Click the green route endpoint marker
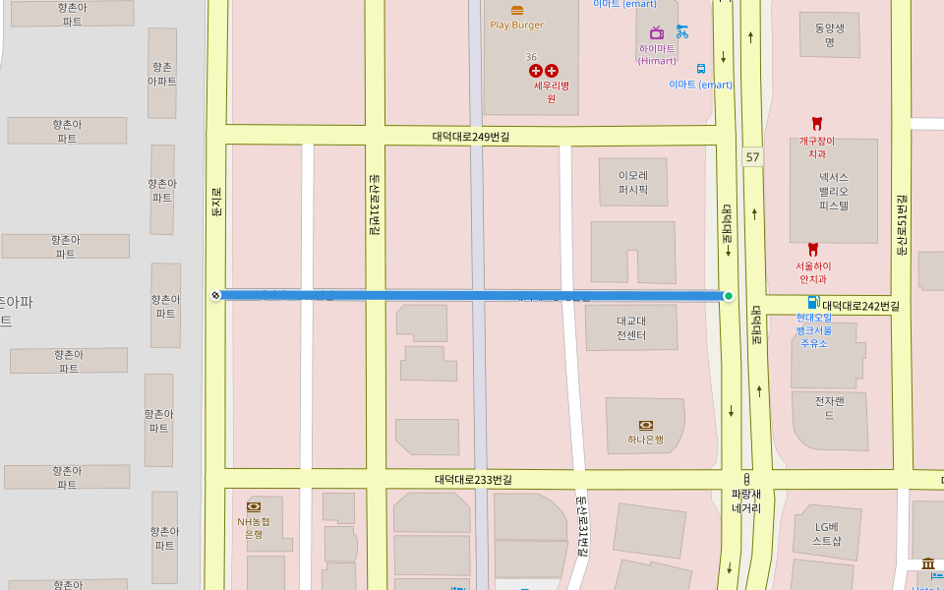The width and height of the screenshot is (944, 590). click(728, 296)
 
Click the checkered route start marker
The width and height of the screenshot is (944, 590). click(216, 295)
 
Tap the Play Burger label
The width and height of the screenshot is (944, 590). click(516, 25)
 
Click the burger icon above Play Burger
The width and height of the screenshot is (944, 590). click(517, 10)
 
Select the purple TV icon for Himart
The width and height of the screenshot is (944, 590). click(656, 32)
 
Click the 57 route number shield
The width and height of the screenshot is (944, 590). click(752, 157)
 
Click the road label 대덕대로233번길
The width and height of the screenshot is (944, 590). click(473, 480)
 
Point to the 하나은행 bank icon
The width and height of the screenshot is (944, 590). click(646, 425)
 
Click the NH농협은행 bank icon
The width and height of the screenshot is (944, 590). click(254, 506)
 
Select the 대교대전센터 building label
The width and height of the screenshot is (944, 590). click(631, 327)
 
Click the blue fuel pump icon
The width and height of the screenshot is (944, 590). click(812, 302)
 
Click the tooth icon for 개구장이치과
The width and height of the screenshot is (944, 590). click(815, 123)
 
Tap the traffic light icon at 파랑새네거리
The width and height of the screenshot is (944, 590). click(746, 479)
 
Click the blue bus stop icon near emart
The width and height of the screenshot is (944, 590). click(701, 69)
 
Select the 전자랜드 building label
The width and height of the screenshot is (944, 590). click(829, 408)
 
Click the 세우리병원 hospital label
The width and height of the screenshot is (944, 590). click(545, 91)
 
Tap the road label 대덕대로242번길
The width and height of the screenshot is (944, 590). click(861, 306)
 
